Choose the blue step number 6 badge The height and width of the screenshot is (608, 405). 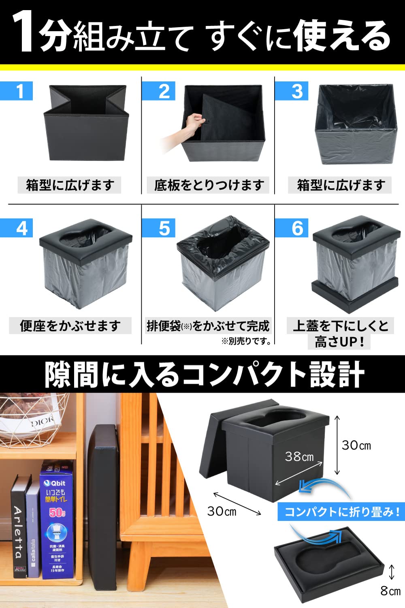coord(292,228)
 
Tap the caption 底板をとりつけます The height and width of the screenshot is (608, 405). coord(208,185)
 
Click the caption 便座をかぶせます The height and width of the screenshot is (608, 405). coord(70,326)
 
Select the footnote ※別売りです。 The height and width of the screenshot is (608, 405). coord(246,341)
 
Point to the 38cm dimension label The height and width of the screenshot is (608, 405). coord(299,457)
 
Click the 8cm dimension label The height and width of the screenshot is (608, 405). coord(390,591)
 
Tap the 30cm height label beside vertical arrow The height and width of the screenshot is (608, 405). coord(356,445)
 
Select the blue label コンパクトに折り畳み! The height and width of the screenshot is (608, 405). coord(341,512)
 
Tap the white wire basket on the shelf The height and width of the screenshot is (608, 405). coord(32,422)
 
